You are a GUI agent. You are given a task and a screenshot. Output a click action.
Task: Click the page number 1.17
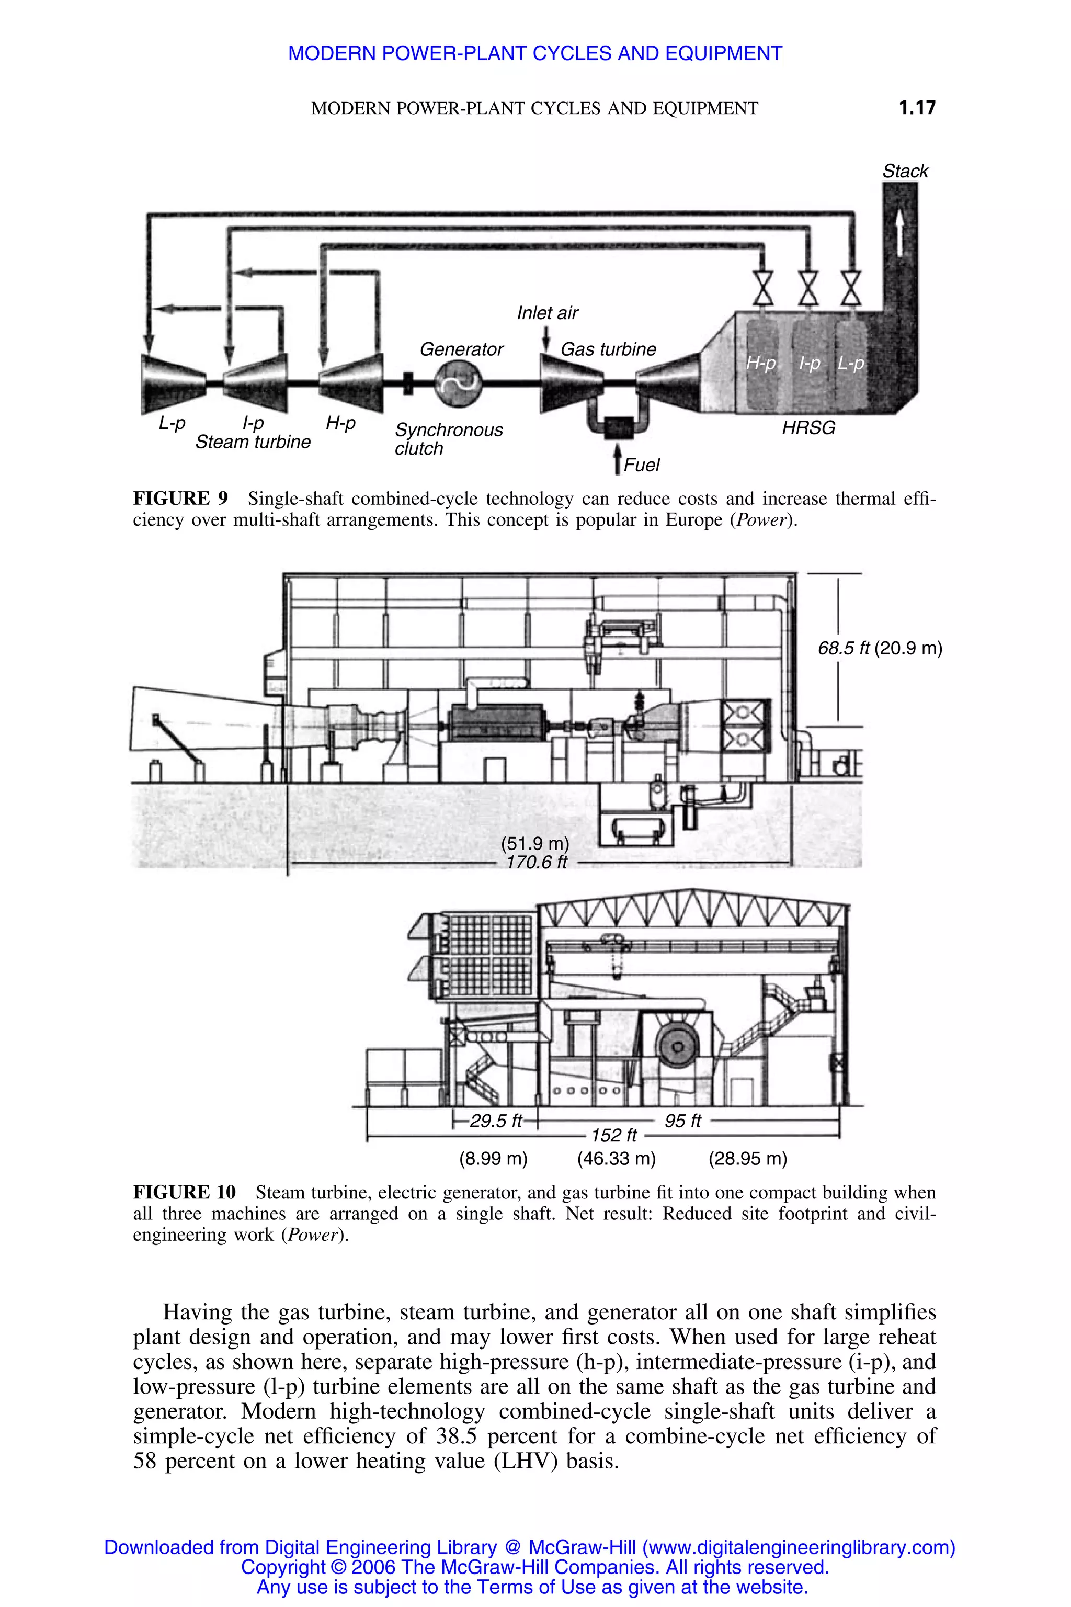(x=917, y=107)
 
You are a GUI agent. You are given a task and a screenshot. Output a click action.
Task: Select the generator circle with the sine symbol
(x=458, y=383)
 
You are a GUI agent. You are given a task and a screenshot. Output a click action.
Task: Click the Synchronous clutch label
(x=448, y=439)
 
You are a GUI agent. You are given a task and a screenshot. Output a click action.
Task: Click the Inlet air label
(x=546, y=313)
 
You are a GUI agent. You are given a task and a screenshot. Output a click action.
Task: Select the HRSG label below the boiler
(x=808, y=428)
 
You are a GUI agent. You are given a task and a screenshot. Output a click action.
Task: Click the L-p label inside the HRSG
(x=851, y=364)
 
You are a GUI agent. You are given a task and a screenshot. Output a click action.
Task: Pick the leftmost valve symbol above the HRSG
(x=763, y=288)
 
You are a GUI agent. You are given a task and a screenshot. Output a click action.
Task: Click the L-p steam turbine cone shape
(x=173, y=383)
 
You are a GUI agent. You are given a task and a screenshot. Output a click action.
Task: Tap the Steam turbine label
(x=253, y=442)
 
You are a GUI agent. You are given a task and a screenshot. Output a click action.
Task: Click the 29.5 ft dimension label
(x=495, y=1121)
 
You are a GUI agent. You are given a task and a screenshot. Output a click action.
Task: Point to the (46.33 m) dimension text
(x=616, y=1158)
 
